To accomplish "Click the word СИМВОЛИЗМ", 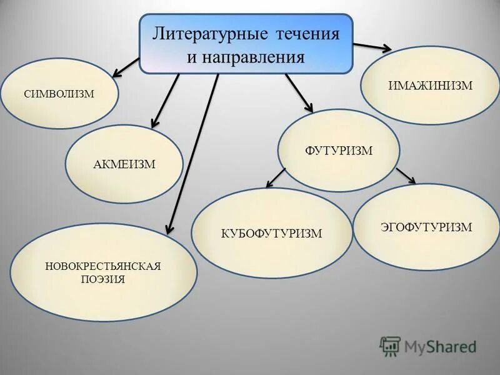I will click(x=59, y=94).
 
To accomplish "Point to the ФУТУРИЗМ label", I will click(x=339, y=150).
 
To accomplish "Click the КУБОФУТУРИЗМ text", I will click(x=271, y=234).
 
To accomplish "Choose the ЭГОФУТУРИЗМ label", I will click(x=426, y=227).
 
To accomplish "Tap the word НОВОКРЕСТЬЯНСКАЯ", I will click(x=103, y=267).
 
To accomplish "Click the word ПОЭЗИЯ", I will click(x=103, y=279).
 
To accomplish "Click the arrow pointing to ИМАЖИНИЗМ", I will click(x=372, y=47).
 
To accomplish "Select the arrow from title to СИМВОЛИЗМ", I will click(x=127, y=67).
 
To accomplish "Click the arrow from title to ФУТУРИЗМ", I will click(x=299, y=92).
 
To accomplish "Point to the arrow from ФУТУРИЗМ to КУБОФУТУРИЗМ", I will click(x=276, y=177).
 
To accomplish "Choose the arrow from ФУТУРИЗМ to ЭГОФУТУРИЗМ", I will click(x=406, y=176).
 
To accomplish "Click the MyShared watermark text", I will click(x=440, y=346).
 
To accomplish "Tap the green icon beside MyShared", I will click(x=390, y=346).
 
